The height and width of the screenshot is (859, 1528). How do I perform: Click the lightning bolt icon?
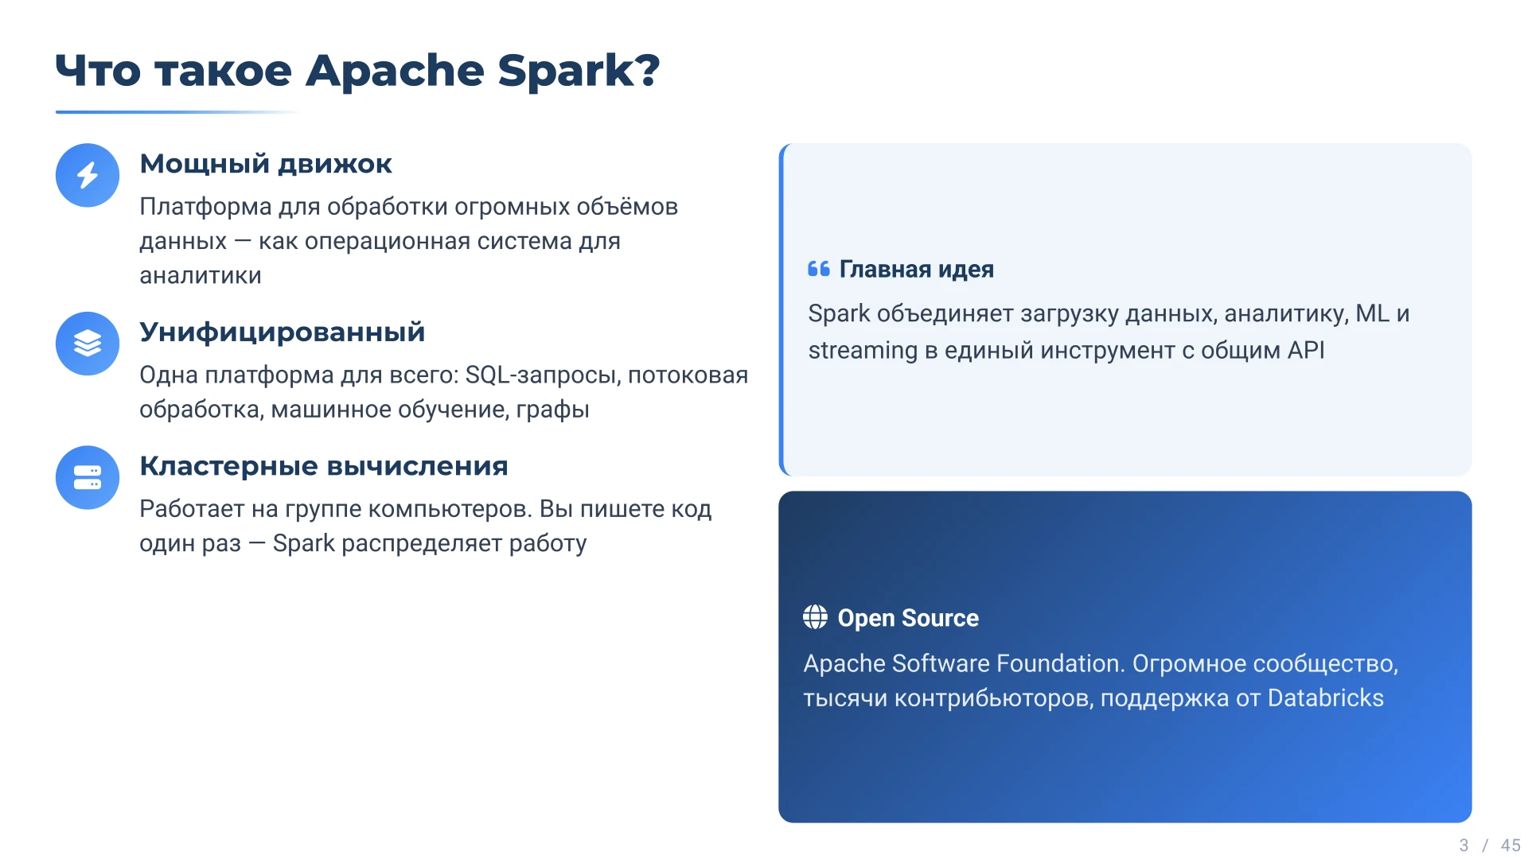point(88,175)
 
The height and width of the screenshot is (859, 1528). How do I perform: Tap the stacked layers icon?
point(88,343)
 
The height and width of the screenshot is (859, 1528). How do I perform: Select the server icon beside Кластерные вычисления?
point(88,477)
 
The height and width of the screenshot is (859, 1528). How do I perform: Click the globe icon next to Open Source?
point(815,616)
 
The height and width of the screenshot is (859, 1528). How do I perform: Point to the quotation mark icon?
point(819,269)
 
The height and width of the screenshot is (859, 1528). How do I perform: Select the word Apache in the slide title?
point(395,71)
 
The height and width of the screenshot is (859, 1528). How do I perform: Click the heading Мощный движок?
point(266,164)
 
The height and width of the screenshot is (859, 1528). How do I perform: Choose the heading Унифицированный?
point(283,332)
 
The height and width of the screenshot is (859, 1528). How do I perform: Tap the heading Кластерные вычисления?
point(324,465)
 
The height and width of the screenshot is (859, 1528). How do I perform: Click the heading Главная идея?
point(917,270)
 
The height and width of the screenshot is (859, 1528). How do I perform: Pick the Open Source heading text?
point(908,618)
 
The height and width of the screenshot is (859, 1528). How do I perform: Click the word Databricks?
point(1326,698)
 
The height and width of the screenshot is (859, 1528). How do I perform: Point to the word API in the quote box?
point(1306,350)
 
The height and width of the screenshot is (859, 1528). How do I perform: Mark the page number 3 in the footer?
point(1464,845)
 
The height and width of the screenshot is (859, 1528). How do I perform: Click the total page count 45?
point(1510,845)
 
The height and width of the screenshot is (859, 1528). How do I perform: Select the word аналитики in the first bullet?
point(201,275)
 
